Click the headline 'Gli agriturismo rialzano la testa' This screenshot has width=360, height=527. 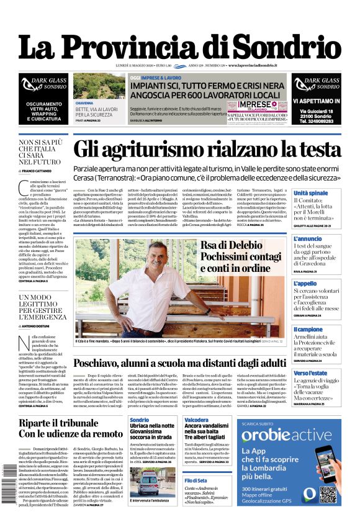pos(207,150)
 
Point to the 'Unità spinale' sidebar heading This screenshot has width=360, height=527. pos(310,194)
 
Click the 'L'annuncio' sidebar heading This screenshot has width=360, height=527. pos(308,238)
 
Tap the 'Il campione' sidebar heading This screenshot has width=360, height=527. pos(308,329)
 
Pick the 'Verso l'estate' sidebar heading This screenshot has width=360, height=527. pos(310,373)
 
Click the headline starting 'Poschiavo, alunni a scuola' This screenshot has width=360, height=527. pos(180,363)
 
